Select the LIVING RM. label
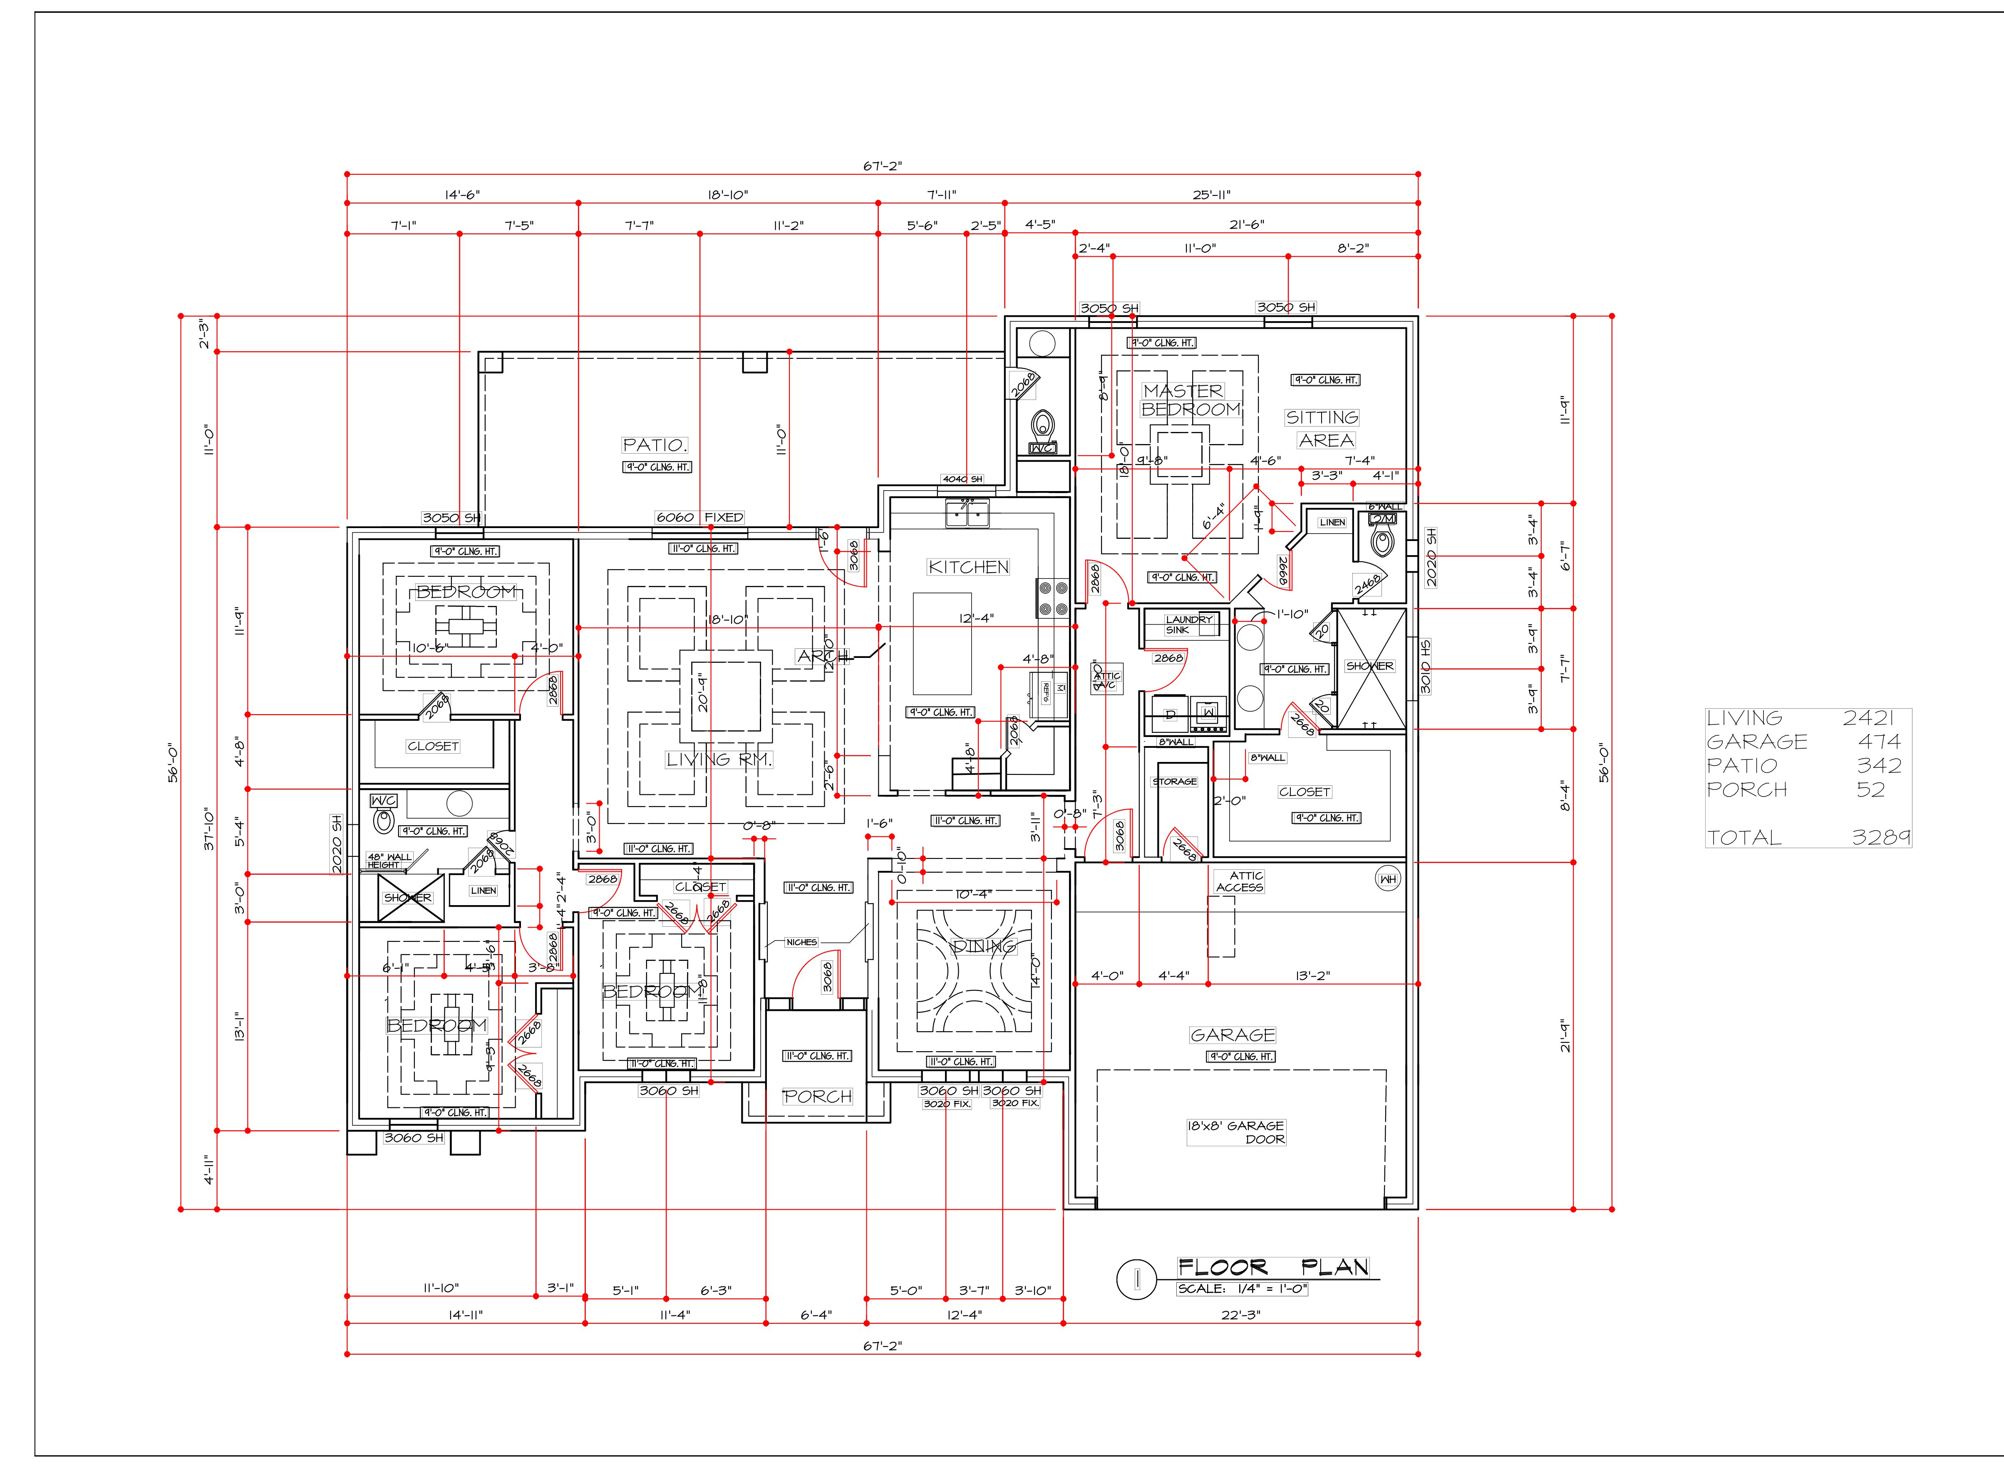(x=719, y=759)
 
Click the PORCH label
(x=817, y=1097)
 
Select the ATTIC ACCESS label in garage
(x=1240, y=882)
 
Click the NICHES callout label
(x=801, y=942)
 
